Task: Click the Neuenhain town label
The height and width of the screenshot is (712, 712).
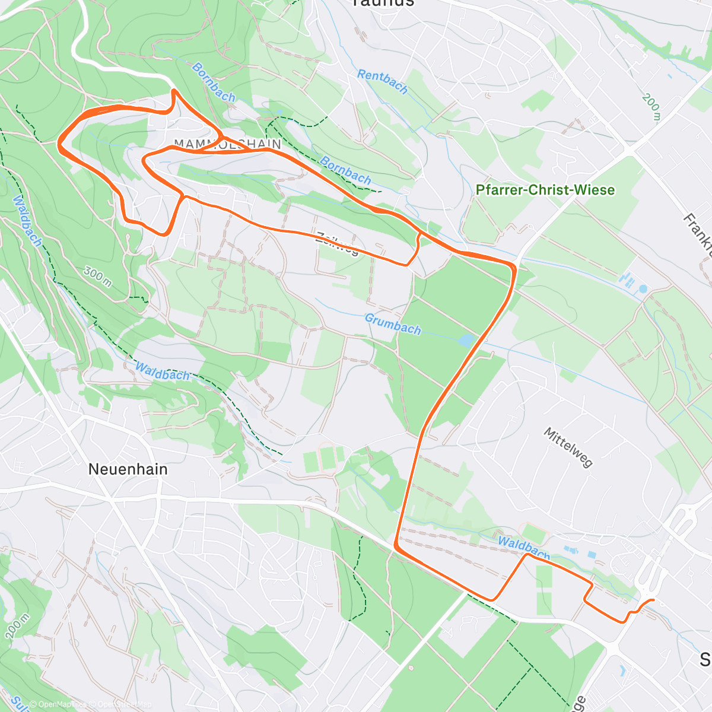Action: (128, 469)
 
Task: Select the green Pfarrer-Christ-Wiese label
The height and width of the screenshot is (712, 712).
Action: (545, 190)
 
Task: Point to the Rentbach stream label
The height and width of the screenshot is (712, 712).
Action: (382, 82)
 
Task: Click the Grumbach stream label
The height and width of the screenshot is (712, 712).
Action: (393, 324)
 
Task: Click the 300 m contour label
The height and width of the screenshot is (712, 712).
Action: (98, 276)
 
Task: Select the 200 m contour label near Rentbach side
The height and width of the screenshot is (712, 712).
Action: (650, 107)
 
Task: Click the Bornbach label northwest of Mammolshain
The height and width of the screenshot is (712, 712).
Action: (214, 82)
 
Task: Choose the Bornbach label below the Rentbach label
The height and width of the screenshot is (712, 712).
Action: (345, 170)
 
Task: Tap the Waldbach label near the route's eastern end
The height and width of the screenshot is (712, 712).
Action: (523, 547)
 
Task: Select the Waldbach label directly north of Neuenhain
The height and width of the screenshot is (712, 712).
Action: (162, 371)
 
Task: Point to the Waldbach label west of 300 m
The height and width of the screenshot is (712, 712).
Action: (27, 221)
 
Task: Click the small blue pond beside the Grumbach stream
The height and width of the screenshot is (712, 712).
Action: (467, 340)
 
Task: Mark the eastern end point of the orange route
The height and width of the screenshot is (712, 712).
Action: (653, 600)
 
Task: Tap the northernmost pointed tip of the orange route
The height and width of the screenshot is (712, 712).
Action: (173, 90)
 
